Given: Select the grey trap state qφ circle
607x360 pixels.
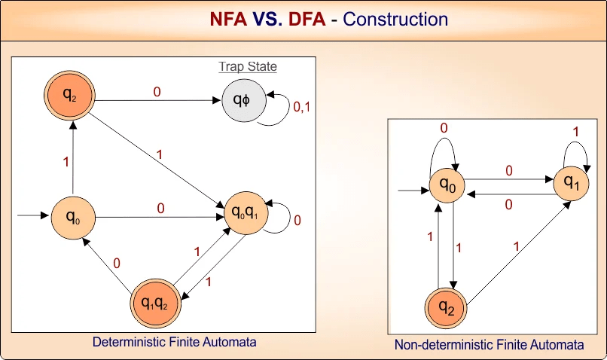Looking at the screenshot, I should tap(242, 100).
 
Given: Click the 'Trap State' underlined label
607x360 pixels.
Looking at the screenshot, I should tap(248, 67).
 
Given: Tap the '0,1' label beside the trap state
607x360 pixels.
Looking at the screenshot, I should tap(301, 107).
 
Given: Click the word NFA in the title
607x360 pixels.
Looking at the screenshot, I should tap(227, 20).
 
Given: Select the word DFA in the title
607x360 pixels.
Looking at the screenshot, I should tap(308, 20).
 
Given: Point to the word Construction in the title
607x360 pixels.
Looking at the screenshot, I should tap(395, 20).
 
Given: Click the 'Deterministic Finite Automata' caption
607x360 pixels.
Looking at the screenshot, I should tap(174, 342).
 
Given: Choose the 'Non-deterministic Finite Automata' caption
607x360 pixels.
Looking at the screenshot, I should tap(490, 345).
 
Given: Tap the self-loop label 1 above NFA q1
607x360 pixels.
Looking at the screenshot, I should tap(577, 131).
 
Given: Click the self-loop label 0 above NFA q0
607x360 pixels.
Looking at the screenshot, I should tap(444, 128).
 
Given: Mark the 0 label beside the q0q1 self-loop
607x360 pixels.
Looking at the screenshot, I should tap(297, 221).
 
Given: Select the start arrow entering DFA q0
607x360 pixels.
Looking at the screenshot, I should tap(32, 216).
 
